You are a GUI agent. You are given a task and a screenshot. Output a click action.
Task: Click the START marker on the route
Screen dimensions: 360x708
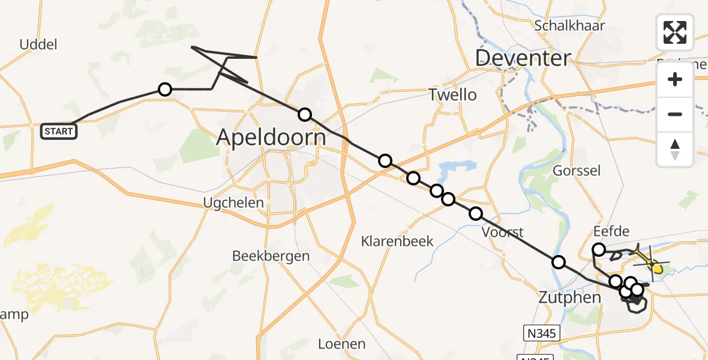click(x=59, y=131)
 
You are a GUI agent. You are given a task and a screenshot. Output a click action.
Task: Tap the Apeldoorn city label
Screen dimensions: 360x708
click(x=271, y=138)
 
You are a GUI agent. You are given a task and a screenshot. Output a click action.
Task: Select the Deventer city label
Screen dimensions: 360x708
click(x=523, y=58)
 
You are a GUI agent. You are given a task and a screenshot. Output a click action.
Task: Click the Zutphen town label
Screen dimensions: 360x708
click(x=570, y=298)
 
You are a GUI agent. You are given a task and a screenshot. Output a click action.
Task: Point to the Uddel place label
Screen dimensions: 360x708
click(x=38, y=44)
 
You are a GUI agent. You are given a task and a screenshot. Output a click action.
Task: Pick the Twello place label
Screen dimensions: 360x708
click(x=452, y=95)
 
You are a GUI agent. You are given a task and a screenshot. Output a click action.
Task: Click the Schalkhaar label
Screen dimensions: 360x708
click(x=569, y=26)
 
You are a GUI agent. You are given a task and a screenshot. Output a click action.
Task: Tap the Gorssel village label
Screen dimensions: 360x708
click(x=576, y=171)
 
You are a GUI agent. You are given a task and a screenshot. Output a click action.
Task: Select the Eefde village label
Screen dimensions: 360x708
click(x=611, y=232)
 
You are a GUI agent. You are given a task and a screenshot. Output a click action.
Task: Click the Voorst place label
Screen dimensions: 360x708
click(x=503, y=232)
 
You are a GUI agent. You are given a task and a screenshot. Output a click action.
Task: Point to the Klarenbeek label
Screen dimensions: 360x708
click(x=397, y=242)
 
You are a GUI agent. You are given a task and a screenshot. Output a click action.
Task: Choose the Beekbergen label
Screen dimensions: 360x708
click(x=271, y=256)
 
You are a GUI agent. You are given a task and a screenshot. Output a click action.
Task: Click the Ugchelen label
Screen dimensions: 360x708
click(x=233, y=203)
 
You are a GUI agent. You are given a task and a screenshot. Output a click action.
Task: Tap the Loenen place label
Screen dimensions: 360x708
click(x=341, y=344)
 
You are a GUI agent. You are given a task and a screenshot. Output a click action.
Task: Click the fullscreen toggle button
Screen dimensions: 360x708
click(x=674, y=32)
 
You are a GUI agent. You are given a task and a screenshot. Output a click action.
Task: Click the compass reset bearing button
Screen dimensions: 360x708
click(x=674, y=149)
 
